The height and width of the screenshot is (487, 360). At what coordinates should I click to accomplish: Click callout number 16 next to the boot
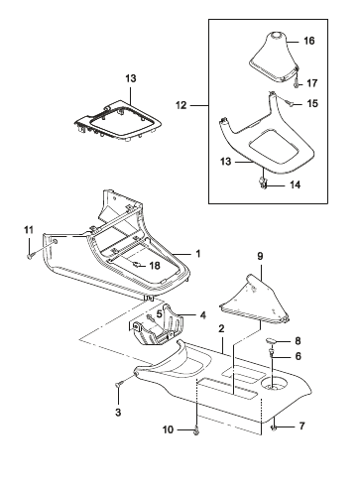pyautogui.click(x=309, y=41)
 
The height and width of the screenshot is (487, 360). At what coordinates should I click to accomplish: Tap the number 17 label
pyautogui.click(x=311, y=83)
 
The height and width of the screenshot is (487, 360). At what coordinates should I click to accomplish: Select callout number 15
pyautogui.click(x=312, y=104)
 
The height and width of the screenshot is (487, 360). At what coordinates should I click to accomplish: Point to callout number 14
pyautogui.click(x=295, y=184)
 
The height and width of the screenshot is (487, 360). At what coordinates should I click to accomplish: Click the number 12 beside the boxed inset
pyautogui.click(x=181, y=105)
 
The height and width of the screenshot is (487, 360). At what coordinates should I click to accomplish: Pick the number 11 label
pyautogui.click(x=29, y=230)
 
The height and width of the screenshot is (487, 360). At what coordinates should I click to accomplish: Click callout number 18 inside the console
pyautogui.click(x=155, y=266)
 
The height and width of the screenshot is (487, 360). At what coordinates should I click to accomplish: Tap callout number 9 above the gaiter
pyautogui.click(x=260, y=256)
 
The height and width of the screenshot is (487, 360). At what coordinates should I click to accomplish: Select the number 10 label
pyautogui.click(x=168, y=429)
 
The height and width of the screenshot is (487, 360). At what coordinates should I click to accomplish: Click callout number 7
pyautogui.click(x=301, y=426)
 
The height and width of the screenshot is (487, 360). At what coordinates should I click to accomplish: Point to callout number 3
pyautogui.click(x=118, y=413)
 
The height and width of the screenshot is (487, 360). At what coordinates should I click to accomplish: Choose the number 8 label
pyautogui.click(x=298, y=341)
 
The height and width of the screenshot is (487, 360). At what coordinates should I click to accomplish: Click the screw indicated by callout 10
pyautogui.click(x=197, y=430)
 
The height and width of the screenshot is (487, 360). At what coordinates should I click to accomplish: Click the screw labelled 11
pyautogui.click(x=29, y=256)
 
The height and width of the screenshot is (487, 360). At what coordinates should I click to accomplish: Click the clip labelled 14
pyautogui.click(x=263, y=183)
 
